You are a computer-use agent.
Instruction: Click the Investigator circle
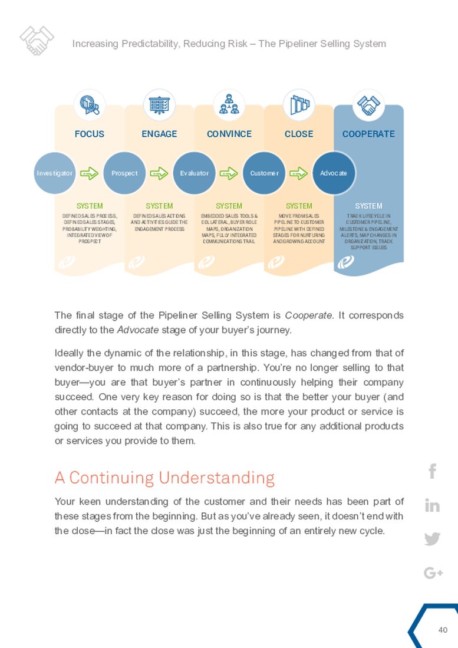55,173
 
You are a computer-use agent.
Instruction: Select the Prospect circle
124,173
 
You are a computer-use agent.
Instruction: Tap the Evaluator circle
195,173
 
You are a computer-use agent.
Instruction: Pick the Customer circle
264,173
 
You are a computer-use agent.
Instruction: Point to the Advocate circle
334,173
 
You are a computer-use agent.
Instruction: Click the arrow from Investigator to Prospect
89,173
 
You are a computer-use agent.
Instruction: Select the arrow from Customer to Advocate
299,173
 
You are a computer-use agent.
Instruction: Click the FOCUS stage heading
90,134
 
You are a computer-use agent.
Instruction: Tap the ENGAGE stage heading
159,134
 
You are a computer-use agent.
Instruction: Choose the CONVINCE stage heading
229,134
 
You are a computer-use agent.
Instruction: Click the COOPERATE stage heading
368,134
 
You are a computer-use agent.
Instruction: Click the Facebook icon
432,471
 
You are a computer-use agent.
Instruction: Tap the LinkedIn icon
432,505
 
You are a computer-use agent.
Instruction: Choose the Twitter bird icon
432,539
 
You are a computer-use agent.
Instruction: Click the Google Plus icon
433,573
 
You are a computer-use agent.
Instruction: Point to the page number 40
443,630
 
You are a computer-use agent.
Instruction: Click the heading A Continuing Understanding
164,477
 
